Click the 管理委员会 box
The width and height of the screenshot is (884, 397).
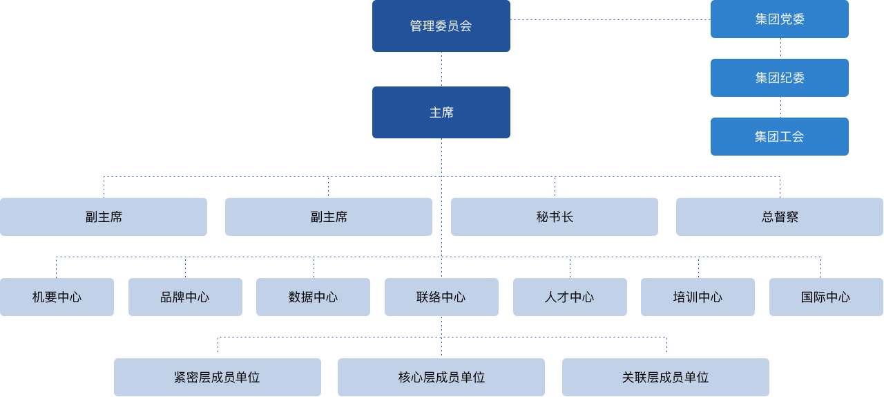pyautogui.click(x=441, y=26)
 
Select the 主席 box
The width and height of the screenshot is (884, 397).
pyautogui.click(x=441, y=112)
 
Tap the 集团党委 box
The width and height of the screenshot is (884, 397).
pyautogui.click(x=779, y=19)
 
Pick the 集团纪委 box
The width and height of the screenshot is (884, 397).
pyautogui.click(x=779, y=77)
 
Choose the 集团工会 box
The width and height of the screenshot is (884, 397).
pyautogui.click(x=779, y=136)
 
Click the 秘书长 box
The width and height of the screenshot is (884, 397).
pyautogui.click(x=554, y=216)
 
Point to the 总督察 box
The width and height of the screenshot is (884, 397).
pyautogui.click(x=779, y=216)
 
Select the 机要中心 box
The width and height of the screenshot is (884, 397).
pyautogui.click(x=57, y=297)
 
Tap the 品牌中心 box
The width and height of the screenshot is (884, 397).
pyautogui.click(x=185, y=297)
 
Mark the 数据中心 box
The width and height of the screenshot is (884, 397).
pyautogui.click(x=313, y=297)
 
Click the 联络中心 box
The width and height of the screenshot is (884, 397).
pyautogui.click(x=441, y=297)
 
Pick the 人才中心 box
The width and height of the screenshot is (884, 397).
pyautogui.click(x=570, y=297)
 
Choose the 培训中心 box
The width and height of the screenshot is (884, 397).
pyautogui.click(x=698, y=297)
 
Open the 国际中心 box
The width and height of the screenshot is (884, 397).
pyautogui.click(x=826, y=297)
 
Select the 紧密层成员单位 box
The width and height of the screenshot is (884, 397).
pyautogui.click(x=217, y=377)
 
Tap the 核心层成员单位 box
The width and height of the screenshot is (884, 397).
pyautogui.click(x=441, y=377)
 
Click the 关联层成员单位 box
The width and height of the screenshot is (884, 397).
pyautogui.click(x=665, y=377)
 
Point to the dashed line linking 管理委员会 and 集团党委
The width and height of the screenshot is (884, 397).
pyautogui.click(x=611, y=19)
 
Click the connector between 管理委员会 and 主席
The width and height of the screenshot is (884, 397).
pyautogui.click(x=441, y=69)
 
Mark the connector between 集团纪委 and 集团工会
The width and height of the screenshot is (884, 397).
pyautogui.click(x=780, y=107)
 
